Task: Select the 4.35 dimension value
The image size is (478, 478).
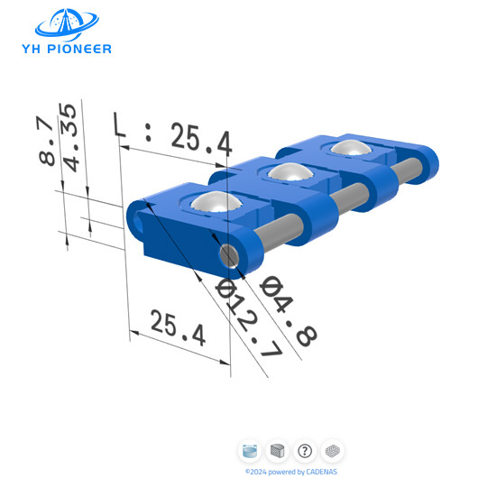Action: coord(69,135)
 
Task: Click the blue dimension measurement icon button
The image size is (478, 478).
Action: coord(251,450)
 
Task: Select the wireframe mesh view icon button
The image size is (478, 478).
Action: coord(332,450)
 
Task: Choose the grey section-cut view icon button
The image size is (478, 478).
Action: coord(278,450)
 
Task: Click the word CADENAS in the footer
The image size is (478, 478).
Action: coord(319,471)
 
